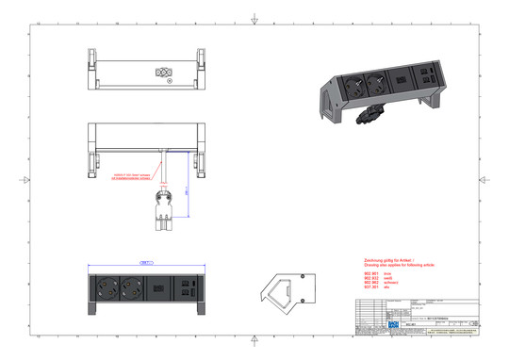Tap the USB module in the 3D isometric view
coord(427,83)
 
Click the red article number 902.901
coord(370,273)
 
